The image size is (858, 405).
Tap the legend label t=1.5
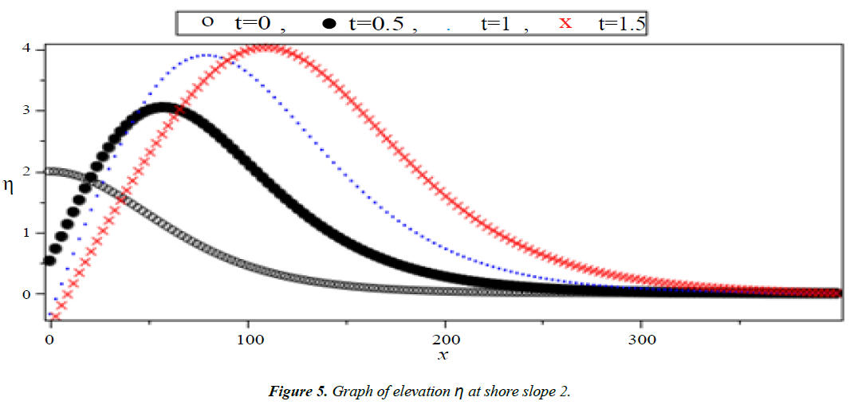(x=621, y=23)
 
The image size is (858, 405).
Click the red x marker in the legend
(x=565, y=22)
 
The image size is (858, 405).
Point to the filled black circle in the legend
(x=329, y=24)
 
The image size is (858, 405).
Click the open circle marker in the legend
(x=207, y=22)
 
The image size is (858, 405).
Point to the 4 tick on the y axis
(x=28, y=49)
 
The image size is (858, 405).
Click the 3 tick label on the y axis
(x=28, y=110)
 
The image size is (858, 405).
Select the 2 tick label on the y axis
(x=28, y=171)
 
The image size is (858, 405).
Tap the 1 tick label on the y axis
(x=28, y=233)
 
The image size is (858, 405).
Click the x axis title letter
(x=443, y=356)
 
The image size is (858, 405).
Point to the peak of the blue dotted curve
(x=206, y=55)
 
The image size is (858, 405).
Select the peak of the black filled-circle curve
(x=163, y=107)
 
